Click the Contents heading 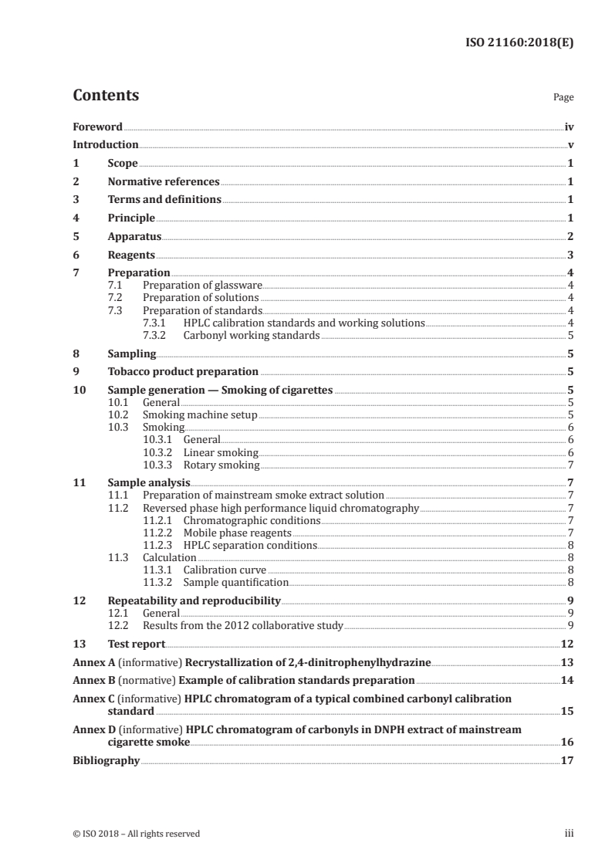[x=106, y=96]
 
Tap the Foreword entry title [x=97, y=127]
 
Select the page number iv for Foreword [x=568, y=127]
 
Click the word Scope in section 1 [x=123, y=164]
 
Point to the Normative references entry [x=164, y=182]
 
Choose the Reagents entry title [x=131, y=255]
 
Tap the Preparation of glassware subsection [x=203, y=286]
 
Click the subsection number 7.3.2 [x=158, y=335]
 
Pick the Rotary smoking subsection [x=221, y=465]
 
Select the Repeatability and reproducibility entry [x=194, y=600]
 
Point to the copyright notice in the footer [x=137, y=834]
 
